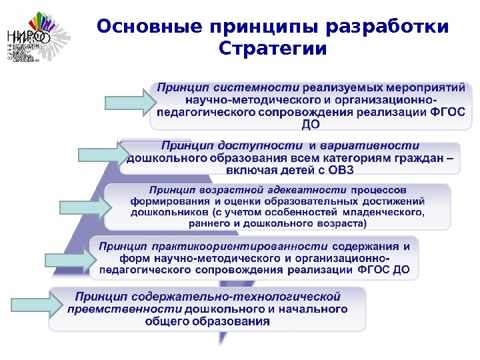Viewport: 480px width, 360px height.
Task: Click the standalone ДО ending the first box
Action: [311, 124]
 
